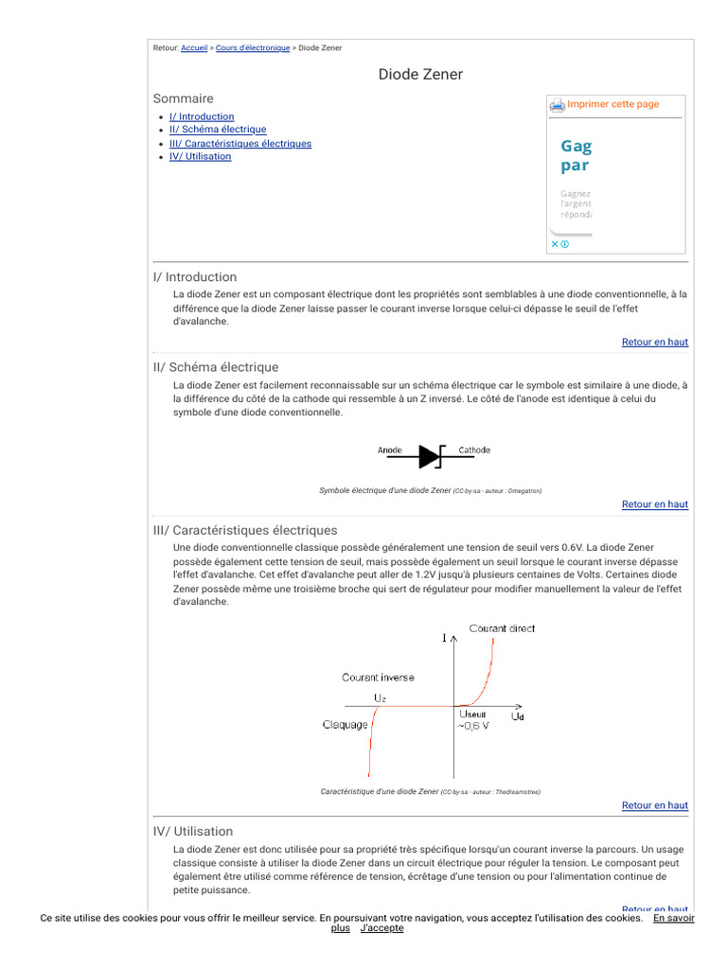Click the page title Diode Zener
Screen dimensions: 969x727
click(420, 75)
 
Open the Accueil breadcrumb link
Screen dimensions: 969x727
click(194, 48)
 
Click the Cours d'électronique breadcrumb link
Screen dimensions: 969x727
click(253, 48)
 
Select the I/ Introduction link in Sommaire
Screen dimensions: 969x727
click(202, 117)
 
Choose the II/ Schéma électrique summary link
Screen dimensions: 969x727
click(218, 130)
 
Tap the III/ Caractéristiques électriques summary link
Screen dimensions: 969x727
click(240, 144)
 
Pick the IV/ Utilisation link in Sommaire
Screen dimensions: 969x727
click(200, 157)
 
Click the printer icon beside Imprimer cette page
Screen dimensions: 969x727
click(558, 105)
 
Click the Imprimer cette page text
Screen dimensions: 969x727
click(613, 104)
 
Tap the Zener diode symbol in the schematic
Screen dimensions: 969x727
click(431, 457)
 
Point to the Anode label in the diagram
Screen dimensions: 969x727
click(390, 450)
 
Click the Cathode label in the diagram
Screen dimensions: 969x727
click(474, 450)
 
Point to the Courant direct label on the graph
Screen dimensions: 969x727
click(502, 628)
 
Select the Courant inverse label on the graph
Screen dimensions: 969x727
click(378, 678)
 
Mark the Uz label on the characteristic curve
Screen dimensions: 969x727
click(380, 697)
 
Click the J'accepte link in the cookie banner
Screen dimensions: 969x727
click(381, 928)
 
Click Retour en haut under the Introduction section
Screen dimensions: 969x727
click(654, 342)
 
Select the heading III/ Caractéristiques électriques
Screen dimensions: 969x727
click(245, 530)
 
